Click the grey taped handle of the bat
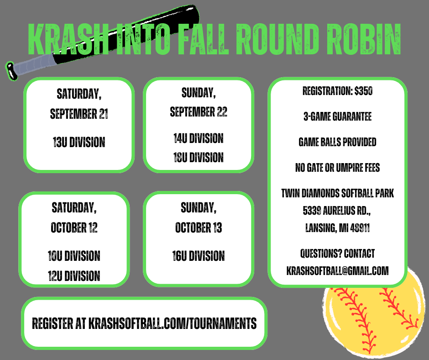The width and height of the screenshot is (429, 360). click(x=32, y=67)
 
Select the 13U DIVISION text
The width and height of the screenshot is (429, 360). click(x=79, y=143)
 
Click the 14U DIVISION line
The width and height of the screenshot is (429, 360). click(x=198, y=138)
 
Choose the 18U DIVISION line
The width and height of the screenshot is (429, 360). click(x=198, y=158)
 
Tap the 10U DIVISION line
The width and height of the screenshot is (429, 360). click(x=74, y=256)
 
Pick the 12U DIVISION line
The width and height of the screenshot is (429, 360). click(x=74, y=275)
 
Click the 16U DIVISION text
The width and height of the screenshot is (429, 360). click(x=198, y=256)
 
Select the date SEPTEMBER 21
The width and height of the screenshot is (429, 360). click(x=79, y=114)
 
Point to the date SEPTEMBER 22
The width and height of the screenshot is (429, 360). click(x=199, y=112)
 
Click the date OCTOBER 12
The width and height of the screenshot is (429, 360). click(x=74, y=228)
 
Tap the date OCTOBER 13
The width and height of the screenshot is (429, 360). click(x=199, y=228)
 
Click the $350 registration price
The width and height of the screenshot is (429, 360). click(x=363, y=91)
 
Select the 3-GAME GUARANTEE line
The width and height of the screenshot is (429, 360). click(x=337, y=116)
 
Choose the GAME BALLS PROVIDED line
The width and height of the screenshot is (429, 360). click(x=337, y=142)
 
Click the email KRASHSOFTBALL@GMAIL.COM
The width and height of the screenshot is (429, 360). click(x=337, y=271)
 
